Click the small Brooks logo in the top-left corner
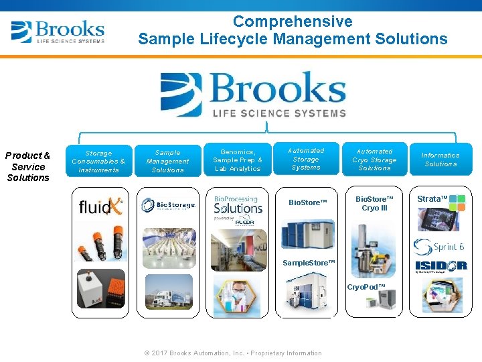pos(58,32)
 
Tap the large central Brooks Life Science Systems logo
pos(254,95)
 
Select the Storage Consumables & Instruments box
pos(98,162)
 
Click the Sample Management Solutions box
pos(167,162)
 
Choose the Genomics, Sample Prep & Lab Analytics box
pos(238,160)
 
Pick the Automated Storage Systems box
pos(306,160)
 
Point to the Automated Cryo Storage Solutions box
pos(374,160)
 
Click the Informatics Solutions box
pos(440,160)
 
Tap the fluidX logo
pos(100,206)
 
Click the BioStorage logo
pos(168,205)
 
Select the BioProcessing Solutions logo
pos(238,206)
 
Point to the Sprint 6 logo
pos(439,247)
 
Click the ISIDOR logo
pos(440,266)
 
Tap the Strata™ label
pos(432,199)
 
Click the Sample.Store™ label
pos(308,263)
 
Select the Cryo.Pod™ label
pos(366,287)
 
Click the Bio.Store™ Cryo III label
pos(374,203)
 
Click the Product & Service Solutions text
pos(28,166)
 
